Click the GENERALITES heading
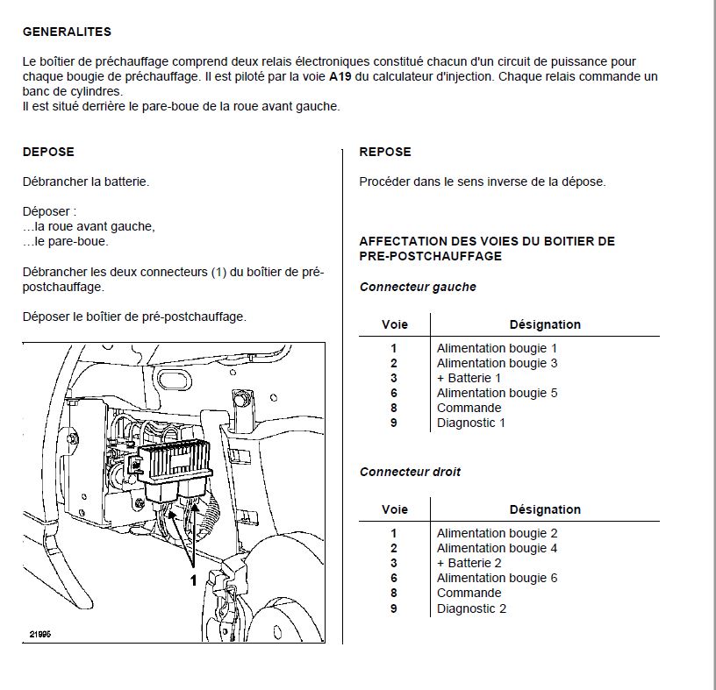click(x=67, y=32)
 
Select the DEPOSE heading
click(x=48, y=152)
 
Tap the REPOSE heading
click(x=385, y=152)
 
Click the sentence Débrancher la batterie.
click(x=86, y=181)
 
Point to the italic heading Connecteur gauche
click(x=418, y=287)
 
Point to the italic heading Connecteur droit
click(x=410, y=472)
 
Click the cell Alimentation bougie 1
click(x=497, y=348)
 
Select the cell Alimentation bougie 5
click(x=497, y=393)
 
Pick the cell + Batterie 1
click(x=469, y=378)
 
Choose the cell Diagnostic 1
click(x=471, y=423)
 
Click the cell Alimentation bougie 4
click(x=497, y=548)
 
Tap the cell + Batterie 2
click(x=469, y=563)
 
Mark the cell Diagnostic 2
click(x=471, y=608)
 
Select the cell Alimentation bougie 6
click(x=497, y=578)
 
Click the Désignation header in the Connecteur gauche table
click(x=545, y=324)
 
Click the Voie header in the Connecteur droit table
click(x=395, y=509)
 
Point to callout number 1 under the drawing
click(x=193, y=580)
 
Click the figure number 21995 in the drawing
click(x=39, y=634)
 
